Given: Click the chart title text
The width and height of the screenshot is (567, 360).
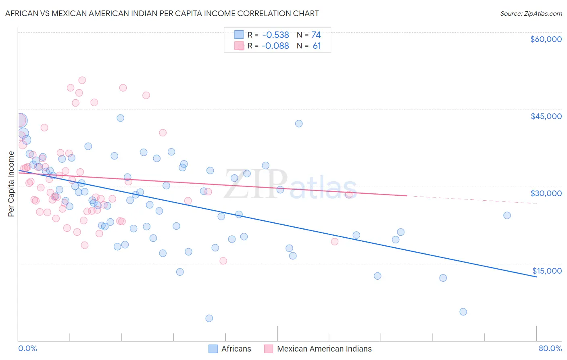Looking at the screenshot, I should point(162,13).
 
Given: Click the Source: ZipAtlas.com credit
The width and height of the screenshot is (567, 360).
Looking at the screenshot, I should point(531,13).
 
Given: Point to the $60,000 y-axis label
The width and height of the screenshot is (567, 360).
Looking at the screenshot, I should point(546,39).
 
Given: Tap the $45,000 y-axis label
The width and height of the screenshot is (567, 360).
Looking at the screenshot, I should point(546,116).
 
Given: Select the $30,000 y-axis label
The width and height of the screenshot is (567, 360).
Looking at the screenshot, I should point(546,193).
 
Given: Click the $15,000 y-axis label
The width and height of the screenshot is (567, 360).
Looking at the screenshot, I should point(547,271).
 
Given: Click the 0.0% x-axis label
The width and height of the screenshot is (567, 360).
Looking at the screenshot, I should point(27,348).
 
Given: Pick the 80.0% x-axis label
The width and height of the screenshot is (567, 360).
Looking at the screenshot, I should point(550,348).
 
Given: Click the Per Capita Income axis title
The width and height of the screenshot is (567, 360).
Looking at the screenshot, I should point(11,184).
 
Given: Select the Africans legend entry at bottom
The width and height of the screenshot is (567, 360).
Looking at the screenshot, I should point(230,349).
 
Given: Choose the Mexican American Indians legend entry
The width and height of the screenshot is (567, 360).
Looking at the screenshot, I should point(318,349).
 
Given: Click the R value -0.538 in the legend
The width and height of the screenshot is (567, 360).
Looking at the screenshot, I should point(275,35).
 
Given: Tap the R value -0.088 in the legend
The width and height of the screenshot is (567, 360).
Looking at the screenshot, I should point(275,46).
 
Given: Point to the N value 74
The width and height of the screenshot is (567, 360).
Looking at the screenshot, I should point(316,35).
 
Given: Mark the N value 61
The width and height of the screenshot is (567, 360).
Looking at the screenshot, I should point(317,46).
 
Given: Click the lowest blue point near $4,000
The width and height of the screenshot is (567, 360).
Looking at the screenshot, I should point(209,318).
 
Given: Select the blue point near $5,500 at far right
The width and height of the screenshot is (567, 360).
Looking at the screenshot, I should point(463,312).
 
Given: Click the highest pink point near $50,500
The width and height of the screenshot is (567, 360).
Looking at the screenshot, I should point(82,80).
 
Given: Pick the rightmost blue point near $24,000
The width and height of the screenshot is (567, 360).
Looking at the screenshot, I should point(507,216).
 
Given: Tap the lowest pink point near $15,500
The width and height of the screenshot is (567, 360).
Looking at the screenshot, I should point(223,261).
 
